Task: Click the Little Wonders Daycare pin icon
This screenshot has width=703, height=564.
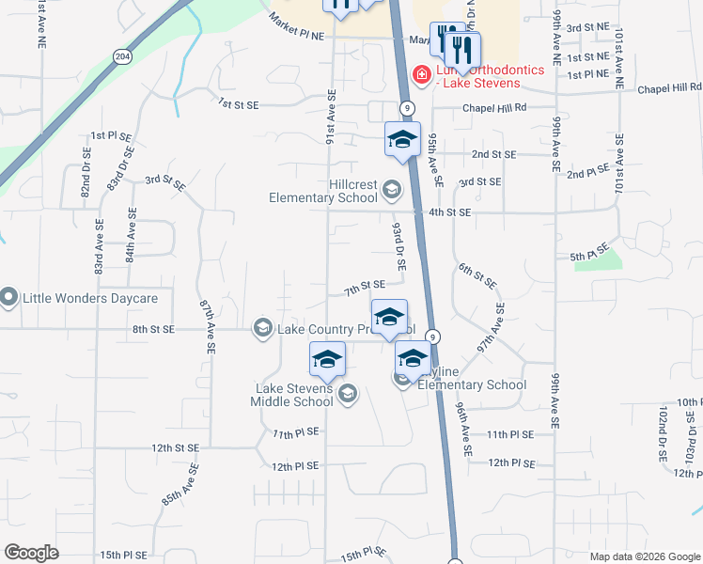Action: [9, 299]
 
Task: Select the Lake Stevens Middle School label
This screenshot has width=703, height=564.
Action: [291, 395]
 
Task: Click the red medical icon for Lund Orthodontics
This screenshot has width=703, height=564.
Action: [422, 74]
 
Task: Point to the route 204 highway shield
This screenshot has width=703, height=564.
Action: [122, 57]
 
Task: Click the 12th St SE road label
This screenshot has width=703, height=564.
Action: [175, 448]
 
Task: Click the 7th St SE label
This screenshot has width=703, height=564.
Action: [365, 286]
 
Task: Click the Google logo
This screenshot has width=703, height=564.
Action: [31, 553]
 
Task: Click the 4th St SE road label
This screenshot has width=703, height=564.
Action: [449, 212]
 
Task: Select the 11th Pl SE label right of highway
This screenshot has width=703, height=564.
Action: [510, 434]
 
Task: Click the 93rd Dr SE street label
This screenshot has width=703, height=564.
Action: [398, 246]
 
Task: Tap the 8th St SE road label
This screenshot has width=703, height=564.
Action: [154, 329]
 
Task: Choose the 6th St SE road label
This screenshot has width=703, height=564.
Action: [477, 275]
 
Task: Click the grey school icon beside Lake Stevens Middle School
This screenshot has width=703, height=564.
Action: [348, 393]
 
